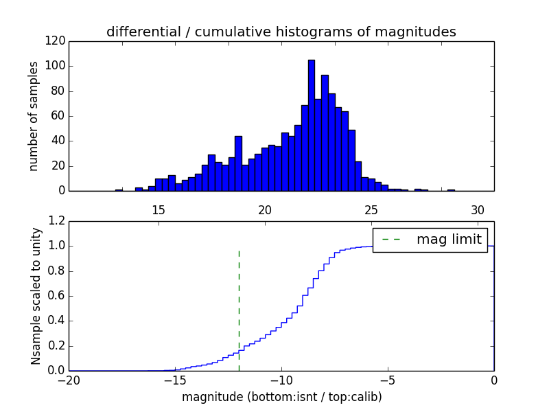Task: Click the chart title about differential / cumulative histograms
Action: pos(281,32)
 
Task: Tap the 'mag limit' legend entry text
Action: pos(449,240)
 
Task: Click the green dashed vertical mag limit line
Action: pos(239,309)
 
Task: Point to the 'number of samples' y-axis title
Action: pos(34,116)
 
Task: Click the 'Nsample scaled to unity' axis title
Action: pos(36,295)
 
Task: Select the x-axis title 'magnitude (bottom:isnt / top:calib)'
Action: pos(281,397)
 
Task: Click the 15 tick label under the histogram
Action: pos(159,210)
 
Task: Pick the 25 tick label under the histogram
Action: pos(371,210)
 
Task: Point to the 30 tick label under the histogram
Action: pos(478,210)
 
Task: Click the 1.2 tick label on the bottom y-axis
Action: pos(57,221)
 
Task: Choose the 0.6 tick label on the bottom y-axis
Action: pos(57,296)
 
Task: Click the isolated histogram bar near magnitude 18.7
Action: pos(238,163)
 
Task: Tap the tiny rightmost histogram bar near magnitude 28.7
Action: pos(451,190)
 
